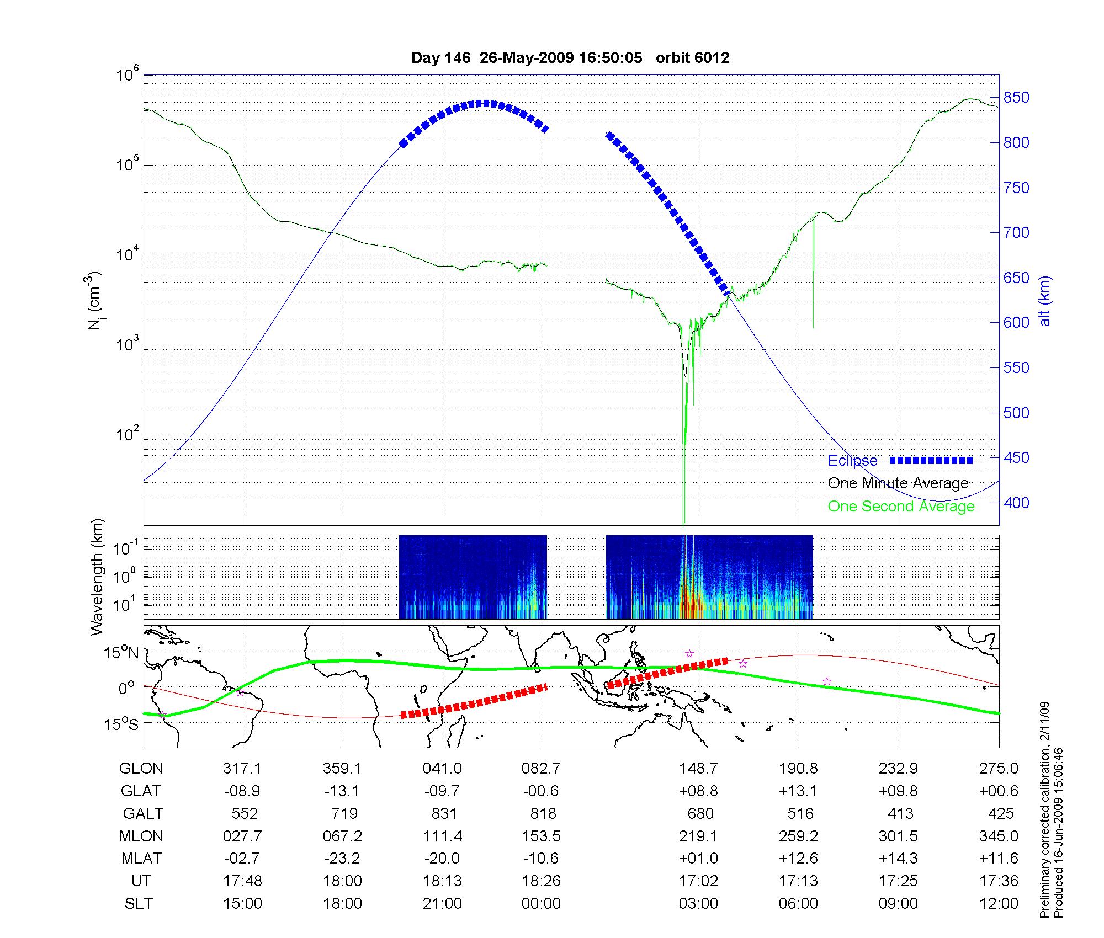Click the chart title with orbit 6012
point(570,58)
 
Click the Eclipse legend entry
point(852,461)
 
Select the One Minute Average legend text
point(898,483)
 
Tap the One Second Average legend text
point(901,507)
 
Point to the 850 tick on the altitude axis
point(1016,98)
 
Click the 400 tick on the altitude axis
point(1016,503)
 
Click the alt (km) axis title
point(1045,301)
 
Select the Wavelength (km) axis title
point(97,577)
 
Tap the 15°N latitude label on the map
point(121,653)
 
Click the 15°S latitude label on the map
point(121,724)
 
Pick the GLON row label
point(141,769)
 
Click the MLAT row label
point(141,859)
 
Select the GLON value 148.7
point(698,769)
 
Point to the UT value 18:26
point(541,881)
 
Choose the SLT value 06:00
point(798,904)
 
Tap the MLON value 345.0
point(999,836)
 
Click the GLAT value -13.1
point(342,791)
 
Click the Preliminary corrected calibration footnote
point(1044,811)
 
